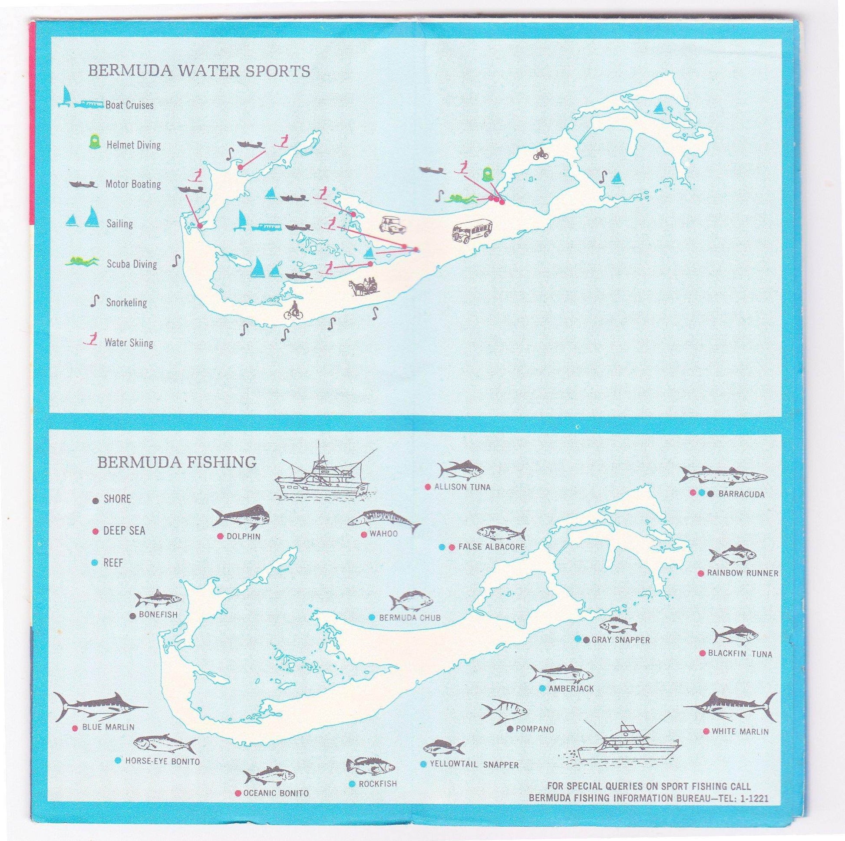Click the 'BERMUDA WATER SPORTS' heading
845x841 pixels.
tap(199, 71)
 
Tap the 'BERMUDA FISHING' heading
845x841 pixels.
tap(177, 462)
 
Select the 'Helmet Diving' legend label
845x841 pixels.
tap(133, 145)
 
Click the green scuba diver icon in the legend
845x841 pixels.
tap(81, 262)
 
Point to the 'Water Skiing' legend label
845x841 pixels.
tap(129, 342)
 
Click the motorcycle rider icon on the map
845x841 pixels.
tap(540, 154)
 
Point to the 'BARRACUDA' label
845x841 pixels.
tap(741, 494)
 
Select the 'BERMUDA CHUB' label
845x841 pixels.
tap(409, 618)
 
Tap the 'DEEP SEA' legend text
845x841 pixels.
tap(124, 531)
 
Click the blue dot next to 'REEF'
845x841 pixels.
tap(95, 563)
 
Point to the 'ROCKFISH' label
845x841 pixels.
tap(377, 784)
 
